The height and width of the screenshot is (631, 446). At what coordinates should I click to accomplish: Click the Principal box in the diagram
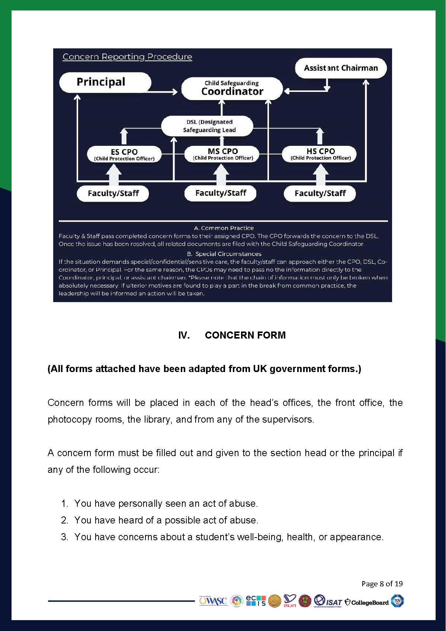(105, 82)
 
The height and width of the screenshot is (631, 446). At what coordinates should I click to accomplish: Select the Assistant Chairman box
(341, 68)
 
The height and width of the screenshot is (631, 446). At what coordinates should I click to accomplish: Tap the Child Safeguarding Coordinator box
(232, 89)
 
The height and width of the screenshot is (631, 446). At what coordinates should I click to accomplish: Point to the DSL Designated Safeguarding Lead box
(207, 126)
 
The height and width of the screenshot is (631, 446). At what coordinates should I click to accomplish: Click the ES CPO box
(124, 154)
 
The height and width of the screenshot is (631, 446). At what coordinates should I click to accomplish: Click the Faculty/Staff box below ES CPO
(113, 193)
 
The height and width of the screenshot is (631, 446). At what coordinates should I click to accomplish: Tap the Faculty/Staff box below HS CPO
(320, 193)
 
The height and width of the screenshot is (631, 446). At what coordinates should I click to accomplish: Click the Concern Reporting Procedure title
(127, 57)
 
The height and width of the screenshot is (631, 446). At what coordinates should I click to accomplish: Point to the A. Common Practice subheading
(224, 228)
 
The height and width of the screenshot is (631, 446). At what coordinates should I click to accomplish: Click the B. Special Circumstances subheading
(224, 254)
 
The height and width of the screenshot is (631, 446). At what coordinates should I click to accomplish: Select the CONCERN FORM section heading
(245, 335)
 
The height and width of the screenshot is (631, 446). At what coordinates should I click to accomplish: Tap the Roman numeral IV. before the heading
(184, 335)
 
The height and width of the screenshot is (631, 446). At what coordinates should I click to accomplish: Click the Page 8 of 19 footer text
(382, 584)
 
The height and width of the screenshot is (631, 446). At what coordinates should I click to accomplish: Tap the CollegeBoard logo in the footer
(367, 602)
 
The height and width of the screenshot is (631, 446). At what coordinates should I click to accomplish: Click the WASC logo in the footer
(213, 601)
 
